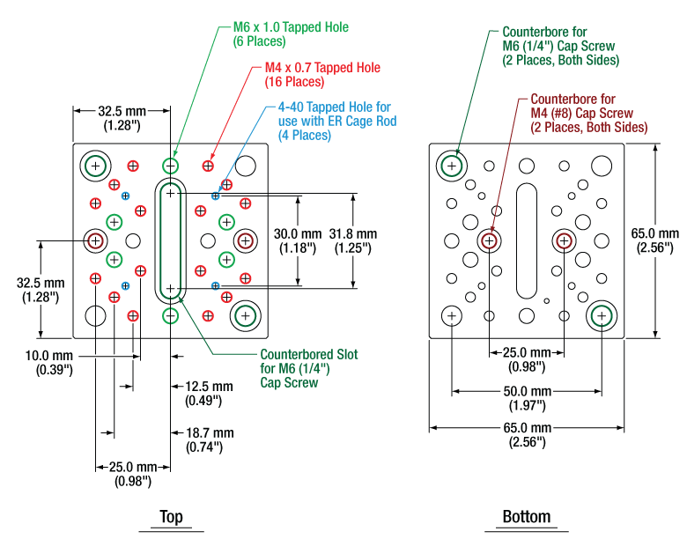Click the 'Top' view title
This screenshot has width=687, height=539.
click(171, 517)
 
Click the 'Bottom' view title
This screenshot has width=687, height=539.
click(526, 517)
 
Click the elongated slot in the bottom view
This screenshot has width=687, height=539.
click(526, 240)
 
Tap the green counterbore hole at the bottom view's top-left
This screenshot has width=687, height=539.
click(451, 165)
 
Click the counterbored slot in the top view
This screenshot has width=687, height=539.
click(171, 240)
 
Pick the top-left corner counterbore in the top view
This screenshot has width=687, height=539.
click(94, 165)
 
